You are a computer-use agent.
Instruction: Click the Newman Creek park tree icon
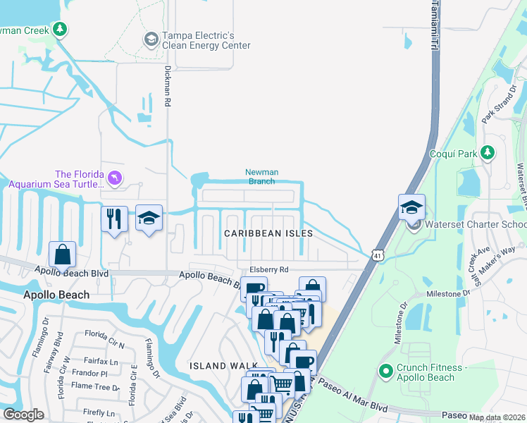click(x=61, y=29)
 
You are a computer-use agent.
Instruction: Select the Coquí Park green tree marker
click(x=487, y=153)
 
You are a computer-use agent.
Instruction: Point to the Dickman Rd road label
click(x=168, y=86)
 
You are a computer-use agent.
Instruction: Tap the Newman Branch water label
click(x=261, y=176)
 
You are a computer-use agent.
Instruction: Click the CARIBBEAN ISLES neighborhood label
click(x=268, y=233)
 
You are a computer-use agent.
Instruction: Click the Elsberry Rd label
click(x=269, y=269)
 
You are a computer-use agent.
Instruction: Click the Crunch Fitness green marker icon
click(x=385, y=371)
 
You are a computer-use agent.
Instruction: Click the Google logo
click(x=23, y=415)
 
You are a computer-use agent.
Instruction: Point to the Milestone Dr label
click(x=447, y=293)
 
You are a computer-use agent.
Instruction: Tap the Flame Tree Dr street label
click(x=95, y=386)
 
